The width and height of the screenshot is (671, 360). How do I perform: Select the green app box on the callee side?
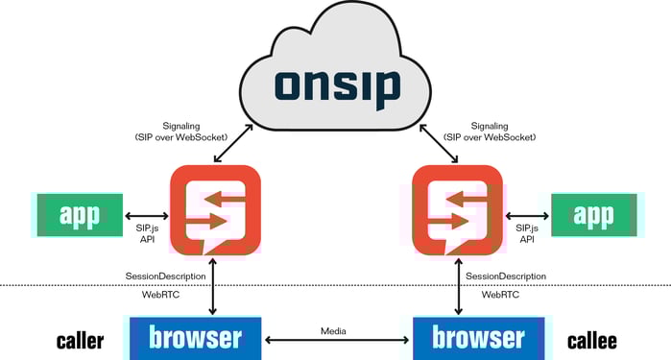(593, 215)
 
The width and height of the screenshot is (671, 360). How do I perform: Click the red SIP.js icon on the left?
(214, 212)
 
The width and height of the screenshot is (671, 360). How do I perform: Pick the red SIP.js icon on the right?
(457, 212)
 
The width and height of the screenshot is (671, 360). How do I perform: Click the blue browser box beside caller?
(195, 337)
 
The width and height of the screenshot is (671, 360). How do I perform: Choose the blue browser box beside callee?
(477, 337)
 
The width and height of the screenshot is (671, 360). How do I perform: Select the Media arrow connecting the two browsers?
(336, 340)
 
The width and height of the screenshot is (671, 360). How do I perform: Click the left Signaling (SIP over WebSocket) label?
(182, 132)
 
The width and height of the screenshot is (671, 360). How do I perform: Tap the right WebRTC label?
(500, 295)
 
